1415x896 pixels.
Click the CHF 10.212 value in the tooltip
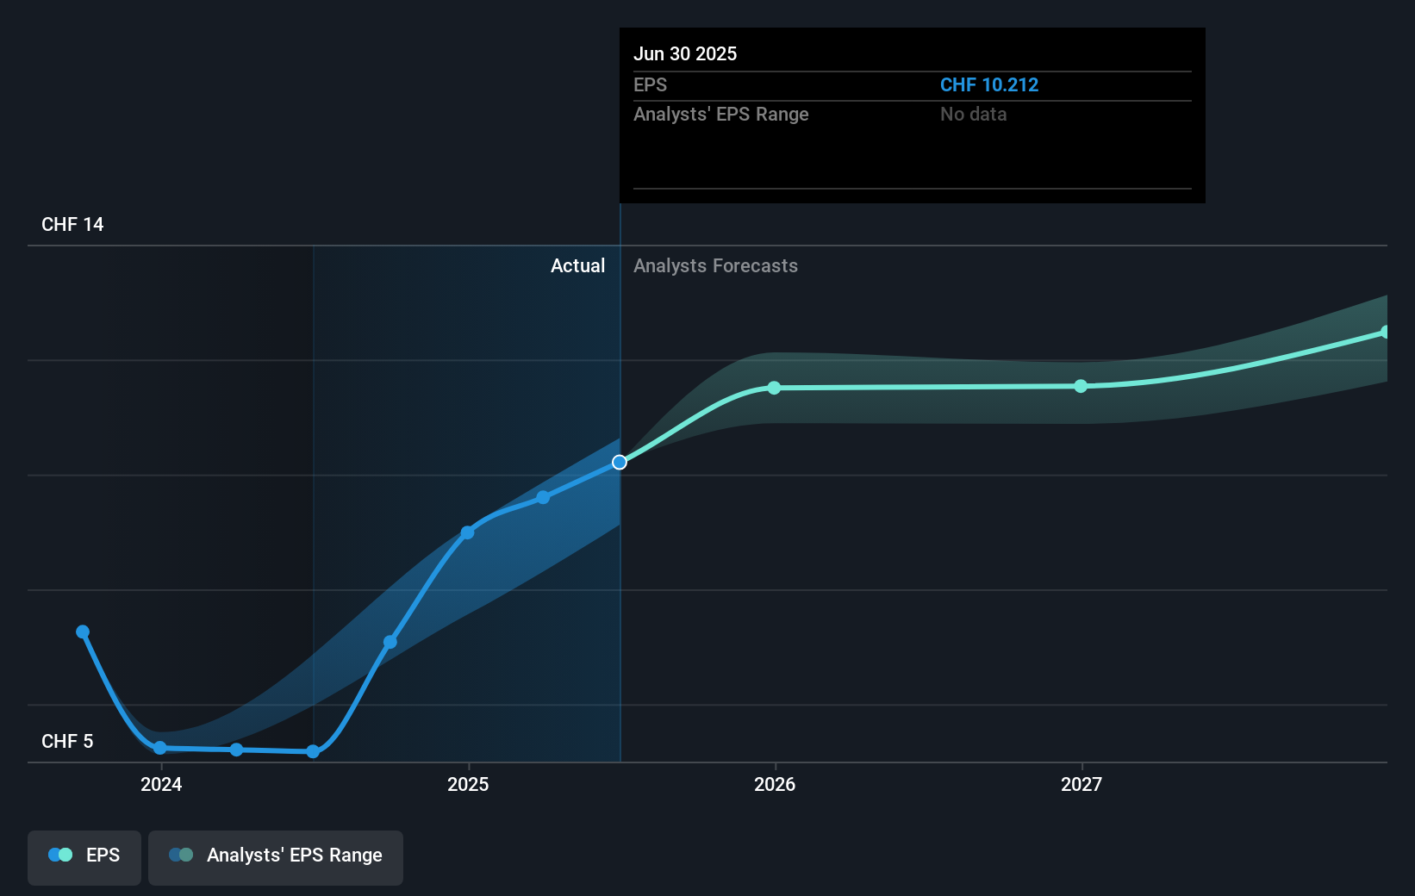(988, 85)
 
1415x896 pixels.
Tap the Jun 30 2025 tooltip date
(685, 54)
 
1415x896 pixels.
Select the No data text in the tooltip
(973, 115)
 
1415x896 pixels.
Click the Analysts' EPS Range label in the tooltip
(720, 115)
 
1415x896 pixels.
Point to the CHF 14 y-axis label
(72, 225)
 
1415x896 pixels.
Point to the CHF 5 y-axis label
(67, 742)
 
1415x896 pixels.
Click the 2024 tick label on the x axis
(161, 785)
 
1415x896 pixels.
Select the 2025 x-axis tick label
(468, 785)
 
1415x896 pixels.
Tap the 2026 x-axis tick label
(775, 785)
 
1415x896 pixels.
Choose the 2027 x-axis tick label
(1081, 785)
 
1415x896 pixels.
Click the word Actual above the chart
(577, 266)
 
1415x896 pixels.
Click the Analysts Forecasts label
(715, 266)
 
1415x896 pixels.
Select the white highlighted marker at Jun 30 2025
(620, 463)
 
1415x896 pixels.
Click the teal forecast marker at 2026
(774, 388)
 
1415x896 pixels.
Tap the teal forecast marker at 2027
(1081, 386)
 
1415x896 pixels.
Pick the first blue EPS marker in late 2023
(83, 632)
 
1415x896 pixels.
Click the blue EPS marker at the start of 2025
(467, 532)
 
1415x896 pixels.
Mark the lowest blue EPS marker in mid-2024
(313, 751)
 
